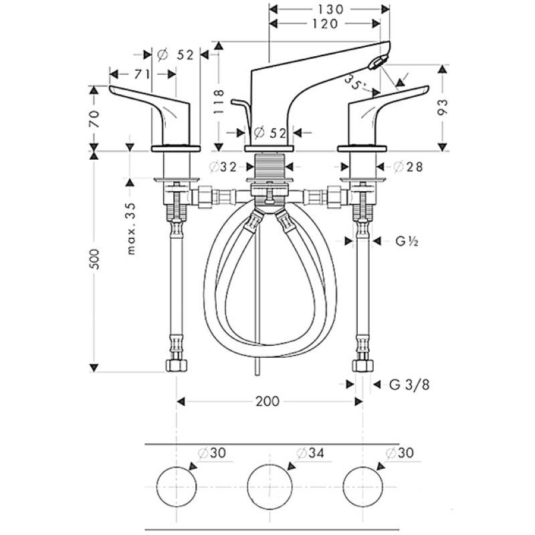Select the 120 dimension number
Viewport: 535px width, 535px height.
[325, 23]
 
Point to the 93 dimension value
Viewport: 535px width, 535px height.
[442, 107]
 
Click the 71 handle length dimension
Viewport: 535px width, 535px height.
[141, 74]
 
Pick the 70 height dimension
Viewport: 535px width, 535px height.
[94, 118]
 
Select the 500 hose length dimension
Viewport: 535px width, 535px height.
[95, 259]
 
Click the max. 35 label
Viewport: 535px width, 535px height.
[131, 229]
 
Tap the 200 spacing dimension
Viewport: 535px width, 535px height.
[267, 401]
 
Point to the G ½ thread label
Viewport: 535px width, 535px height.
[407, 241]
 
